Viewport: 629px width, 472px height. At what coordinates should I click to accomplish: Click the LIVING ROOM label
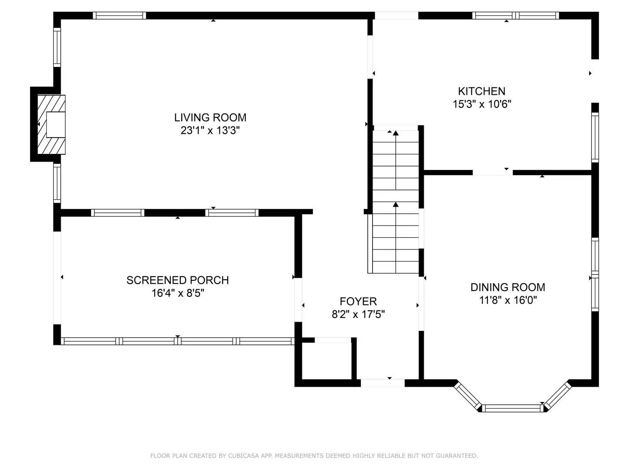[x=210, y=118]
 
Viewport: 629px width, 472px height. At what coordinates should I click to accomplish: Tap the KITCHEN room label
[x=481, y=91]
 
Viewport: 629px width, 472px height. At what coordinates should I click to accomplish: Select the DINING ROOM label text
[x=508, y=287]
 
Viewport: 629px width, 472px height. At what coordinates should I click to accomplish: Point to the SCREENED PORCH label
[x=177, y=280]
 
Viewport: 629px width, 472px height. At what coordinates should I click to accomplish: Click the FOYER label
[x=358, y=301]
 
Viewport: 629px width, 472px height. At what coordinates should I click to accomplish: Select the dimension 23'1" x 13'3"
[x=210, y=130]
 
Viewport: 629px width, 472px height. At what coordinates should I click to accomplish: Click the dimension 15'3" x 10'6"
[x=482, y=104]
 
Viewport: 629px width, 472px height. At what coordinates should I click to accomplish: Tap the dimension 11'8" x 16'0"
[x=508, y=300]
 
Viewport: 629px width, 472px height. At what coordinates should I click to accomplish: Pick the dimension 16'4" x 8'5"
[x=178, y=293]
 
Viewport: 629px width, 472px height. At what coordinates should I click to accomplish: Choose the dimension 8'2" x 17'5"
[x=358, y=314]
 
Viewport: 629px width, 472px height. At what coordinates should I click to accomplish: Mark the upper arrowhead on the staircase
[x=395, y=133]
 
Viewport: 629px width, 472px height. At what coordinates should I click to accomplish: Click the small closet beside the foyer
[x=327, y=361]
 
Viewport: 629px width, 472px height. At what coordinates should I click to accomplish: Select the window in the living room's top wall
[x=119, y=15]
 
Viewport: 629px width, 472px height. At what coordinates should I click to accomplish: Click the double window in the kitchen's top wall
[x=515, y=15]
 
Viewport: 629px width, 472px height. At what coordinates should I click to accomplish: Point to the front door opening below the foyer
[x=382, y=383]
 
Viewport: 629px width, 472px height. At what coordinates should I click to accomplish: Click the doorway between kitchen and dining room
[x=492, y=173]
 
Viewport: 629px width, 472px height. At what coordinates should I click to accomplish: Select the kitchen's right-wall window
[x=595, y=137]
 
